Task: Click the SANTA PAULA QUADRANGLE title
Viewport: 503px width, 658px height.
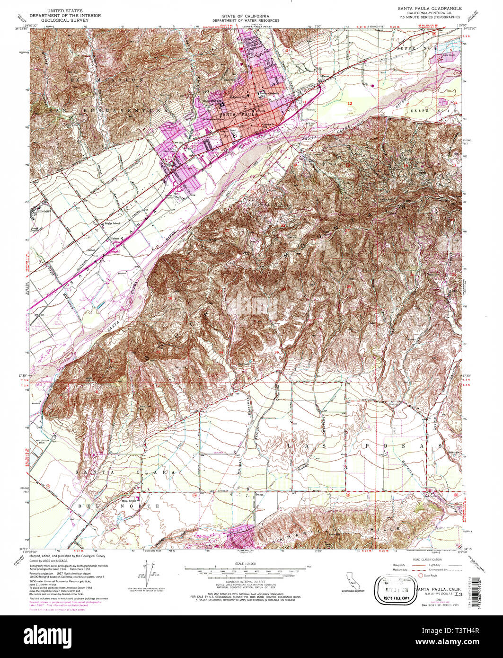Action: pyautogui.click(x=426, y=9)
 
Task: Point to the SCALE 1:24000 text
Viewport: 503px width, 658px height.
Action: pyautogui.click(x=246, y=564)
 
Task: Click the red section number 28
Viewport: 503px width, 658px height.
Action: pyautogui.click(x=170, y=298)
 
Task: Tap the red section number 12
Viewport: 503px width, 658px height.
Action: pyautogui.click(x=350, y=103)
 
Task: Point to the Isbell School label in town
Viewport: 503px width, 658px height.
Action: pyautogui.click(x=234, y=129)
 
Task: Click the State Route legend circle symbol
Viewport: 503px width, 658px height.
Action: pyautogui.click(x=413, y=576)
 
